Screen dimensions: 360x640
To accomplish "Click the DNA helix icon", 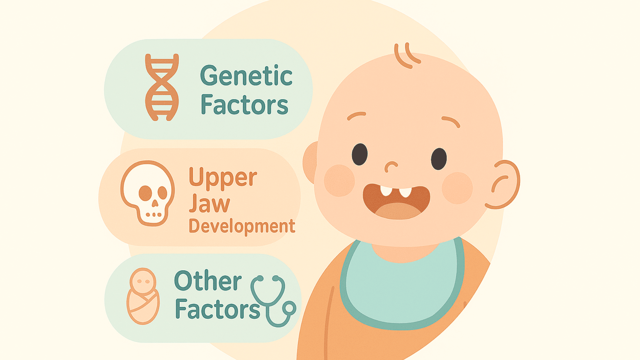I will pyautogui.click(x=162, y=87).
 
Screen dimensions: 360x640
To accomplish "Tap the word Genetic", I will pyautogui.click(x=246, y=76).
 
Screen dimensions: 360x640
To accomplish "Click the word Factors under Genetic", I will pyautogui.click(x=244, y=105).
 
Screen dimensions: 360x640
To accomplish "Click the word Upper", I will pyautogui.click(x=223, y=177).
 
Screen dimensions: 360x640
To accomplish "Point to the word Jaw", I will pyautogui.click(x=209, y=203).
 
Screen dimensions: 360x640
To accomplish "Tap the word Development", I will pyautogui.click(x=242, y=227).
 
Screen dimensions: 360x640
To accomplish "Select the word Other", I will pyautogui.click(x=208, y=281).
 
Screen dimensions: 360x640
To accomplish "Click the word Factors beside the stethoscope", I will pyautogui.click(x=217, y=309).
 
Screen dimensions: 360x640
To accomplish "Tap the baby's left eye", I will pyautogui.click(x=360, y=154).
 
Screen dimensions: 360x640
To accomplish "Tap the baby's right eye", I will pyautogui.click(x=439, y=159).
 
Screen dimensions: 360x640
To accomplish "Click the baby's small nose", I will pyautogui.click(x=391, y=166).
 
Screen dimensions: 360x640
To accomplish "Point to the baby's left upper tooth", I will pyautogui.click(x=386, y=191).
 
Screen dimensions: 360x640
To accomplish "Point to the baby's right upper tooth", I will pyautogui.click(x=405, y=192).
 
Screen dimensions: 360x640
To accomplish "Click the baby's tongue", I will pyautogui.click(x=398, y=211).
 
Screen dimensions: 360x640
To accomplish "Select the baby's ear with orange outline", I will pyautogui.click(x=504, y=184).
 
